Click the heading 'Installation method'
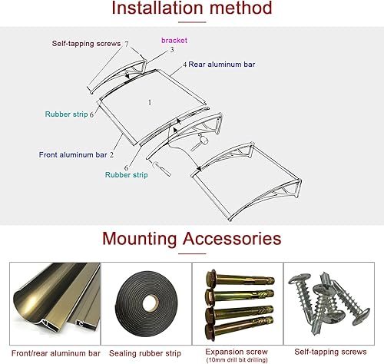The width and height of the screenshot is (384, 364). [x=191, y=9]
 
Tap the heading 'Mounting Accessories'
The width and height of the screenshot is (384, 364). [x=191, y=238]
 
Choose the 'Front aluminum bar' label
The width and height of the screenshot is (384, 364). [x=73, y=154]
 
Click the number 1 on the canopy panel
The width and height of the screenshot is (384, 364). [x=149, y=101]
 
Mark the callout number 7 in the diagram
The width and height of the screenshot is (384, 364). [x=127, y=44]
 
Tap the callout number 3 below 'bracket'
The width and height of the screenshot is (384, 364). [x=172, y=49]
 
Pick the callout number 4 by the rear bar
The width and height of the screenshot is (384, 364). [x=184, y=65]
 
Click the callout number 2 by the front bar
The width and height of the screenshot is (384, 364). [x=111, y=154]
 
